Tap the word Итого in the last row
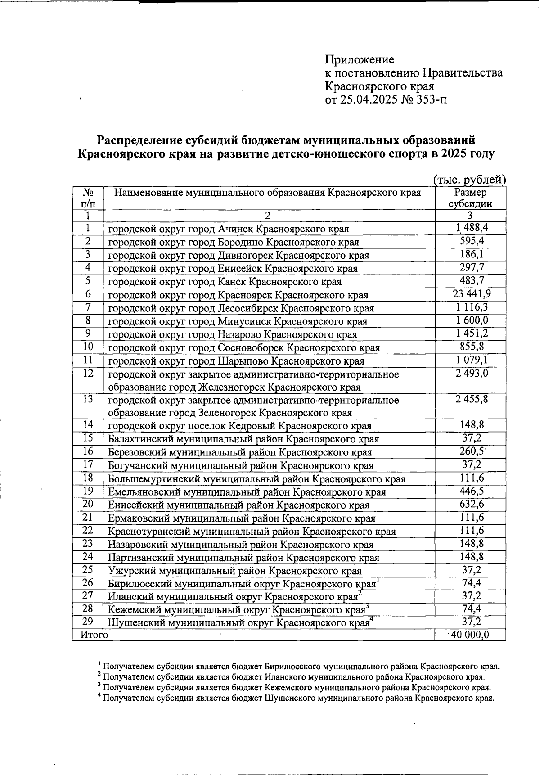[94, 635]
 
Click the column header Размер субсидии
[470, 198]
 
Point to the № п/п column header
[88, 198]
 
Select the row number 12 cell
[88, 373]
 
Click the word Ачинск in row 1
[236, 229]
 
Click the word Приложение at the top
[360, 59]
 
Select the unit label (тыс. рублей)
[470, 180]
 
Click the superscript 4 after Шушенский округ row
[371, 620]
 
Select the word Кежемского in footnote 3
[290, 688]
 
